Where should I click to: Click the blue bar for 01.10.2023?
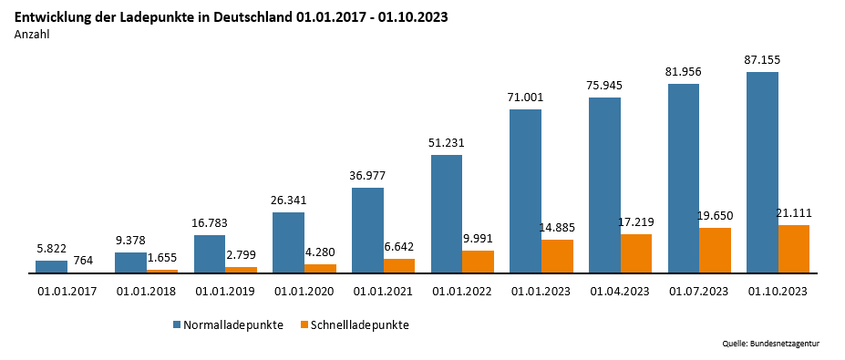pyautogui.click(x=762, y=172)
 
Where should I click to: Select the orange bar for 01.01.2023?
pyautogui.click(x=557, y=256)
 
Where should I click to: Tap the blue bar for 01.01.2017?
pyautogui.click(x=51, y=266)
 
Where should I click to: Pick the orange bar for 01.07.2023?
pyautogui.click(x=715, y=251)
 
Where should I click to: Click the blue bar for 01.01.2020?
pyautogui.click(x=288, y=242)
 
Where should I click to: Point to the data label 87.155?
pyautogui.click(x=762, y=60)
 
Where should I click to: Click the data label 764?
pyautogui.click(x=83, y=260)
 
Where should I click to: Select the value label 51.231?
pyautogui.click(x=447, y=142)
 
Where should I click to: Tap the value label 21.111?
pyautogui.click(x=793, y=212)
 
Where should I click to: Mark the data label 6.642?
pyautogui.click(x=398, y=246)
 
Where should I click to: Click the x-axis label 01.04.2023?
pyautogui.click(x=620, y=291)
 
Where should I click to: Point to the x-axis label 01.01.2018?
pyautogui.click(x=147, y=291)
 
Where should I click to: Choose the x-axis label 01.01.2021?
pyautogui.click(x=384, y=291)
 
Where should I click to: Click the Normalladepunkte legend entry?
pyautogui.click(x=232, y=324)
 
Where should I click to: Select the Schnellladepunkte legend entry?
pyautogui.click(x=359, y=324)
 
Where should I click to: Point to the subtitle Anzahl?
pyautogui.click(x=32, y=35)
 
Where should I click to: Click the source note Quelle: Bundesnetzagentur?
pyautogui.click(x=771, y=344)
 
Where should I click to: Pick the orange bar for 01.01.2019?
pyautogui.click(x=241, y=269)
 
